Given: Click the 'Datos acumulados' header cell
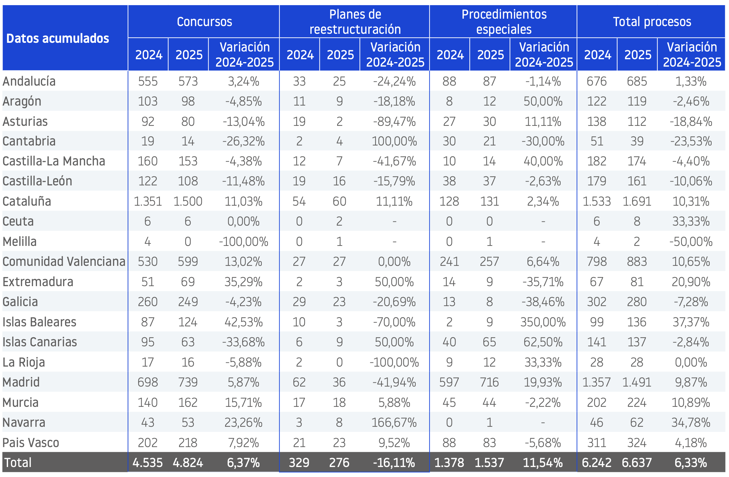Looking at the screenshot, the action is tap(58, 39).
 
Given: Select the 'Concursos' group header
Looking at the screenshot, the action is tap(204, 22).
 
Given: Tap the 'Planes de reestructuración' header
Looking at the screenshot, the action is tap(355, 22).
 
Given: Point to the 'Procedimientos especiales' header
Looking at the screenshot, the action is tap(504, 22).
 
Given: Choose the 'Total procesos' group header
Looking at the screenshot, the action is tap(652, 22).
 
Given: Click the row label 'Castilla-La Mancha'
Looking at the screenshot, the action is tap(54, 161).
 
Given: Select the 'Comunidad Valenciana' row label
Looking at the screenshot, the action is tap(64, 262).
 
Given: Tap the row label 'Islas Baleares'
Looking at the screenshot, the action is tap(39, 322).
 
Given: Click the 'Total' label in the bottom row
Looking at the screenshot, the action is tap(18, 463).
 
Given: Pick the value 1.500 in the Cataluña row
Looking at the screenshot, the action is tap(188, 201).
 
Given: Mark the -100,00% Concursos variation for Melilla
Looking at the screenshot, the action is tap(243, 242).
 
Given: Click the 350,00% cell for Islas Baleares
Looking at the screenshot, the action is tap(543, 322).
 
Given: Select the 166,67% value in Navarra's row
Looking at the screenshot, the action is tap(394, 423).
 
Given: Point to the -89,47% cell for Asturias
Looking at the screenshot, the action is tap(394, 122).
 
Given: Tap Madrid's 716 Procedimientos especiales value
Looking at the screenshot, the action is tap(489, 382).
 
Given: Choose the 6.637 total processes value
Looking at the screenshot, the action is tap(637, 463).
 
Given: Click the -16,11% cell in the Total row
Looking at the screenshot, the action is tap(394, 463).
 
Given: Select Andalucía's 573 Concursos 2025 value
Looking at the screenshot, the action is tap(188, 81).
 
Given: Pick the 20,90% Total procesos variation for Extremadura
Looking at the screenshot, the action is tap(691, 282).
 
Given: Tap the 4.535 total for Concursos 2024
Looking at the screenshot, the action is tap(148, 463).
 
